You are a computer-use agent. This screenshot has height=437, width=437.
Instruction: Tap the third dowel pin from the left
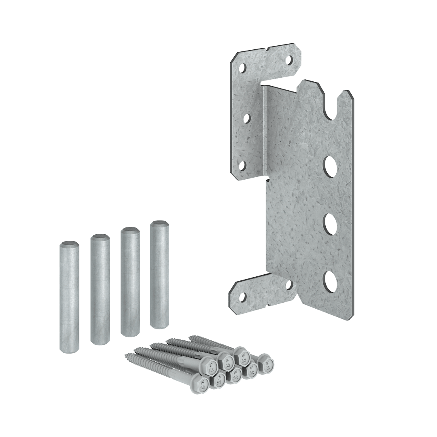coord(130,281)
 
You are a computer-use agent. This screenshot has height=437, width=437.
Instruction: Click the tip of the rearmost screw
coord(189,337)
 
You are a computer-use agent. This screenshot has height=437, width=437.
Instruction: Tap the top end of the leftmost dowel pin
coord(69,244)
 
